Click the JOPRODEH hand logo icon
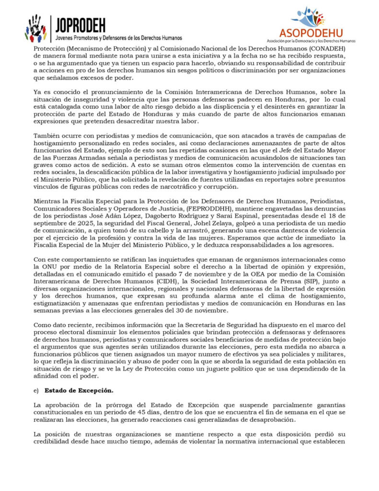35,29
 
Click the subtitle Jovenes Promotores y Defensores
118,37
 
